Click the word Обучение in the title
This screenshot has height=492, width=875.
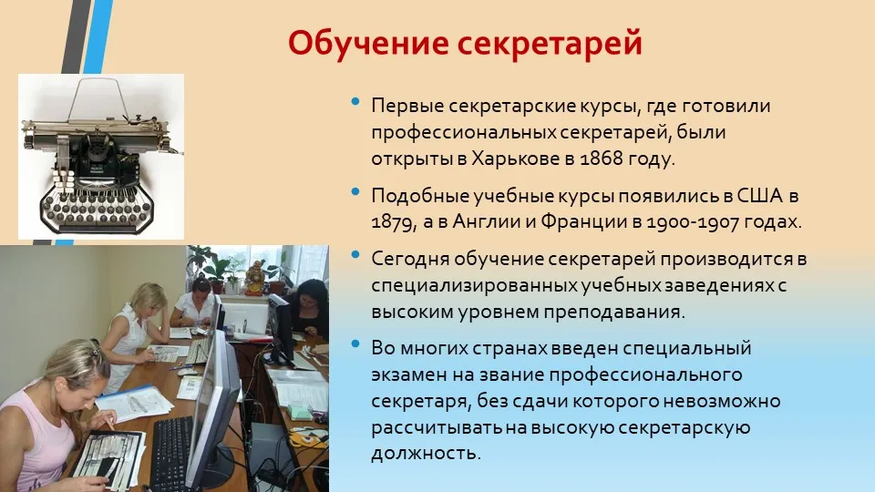(368, 44)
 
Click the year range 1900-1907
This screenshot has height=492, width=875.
(690, 222)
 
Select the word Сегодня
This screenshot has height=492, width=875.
(409, 260)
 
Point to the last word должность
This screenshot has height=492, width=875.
(426, 453)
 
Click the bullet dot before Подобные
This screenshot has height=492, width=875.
(355, 192)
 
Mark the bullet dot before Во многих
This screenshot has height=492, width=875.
(355, 343)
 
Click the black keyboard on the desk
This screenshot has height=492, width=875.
(171, 453)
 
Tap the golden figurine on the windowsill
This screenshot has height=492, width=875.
(255, 277)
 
